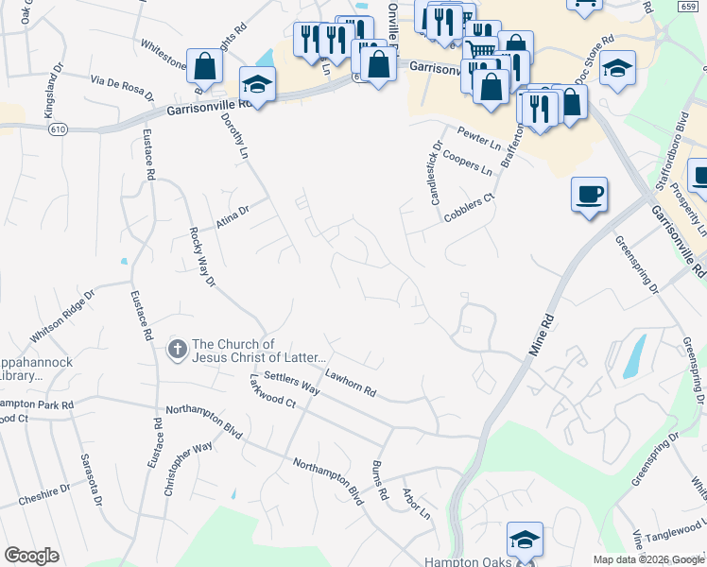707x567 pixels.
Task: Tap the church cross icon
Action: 176,350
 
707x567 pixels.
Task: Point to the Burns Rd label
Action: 379,480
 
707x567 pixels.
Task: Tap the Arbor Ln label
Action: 416,504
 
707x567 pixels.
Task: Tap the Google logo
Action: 31,555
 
